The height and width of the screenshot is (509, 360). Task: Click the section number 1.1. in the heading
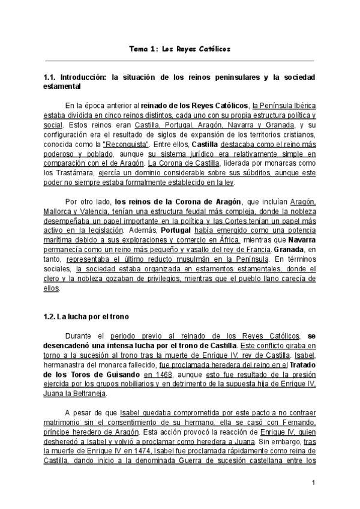pos(51,78)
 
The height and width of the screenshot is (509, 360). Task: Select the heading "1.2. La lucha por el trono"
pos(86,316)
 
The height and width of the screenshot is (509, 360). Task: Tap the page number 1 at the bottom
pos(313,483)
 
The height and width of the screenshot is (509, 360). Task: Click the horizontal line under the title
pos(179,60)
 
